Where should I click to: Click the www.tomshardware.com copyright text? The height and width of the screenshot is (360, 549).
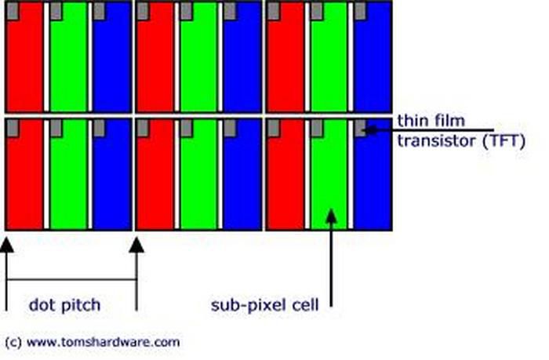(x=93, y=342)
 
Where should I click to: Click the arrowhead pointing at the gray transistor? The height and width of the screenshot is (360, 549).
(x=369, y=129)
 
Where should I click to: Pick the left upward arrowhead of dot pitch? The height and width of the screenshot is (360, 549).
(x=6, y=244)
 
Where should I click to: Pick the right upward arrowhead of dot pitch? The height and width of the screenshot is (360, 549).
(x=136, y=244)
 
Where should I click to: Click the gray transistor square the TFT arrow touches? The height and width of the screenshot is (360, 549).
(x=360, y=129)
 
